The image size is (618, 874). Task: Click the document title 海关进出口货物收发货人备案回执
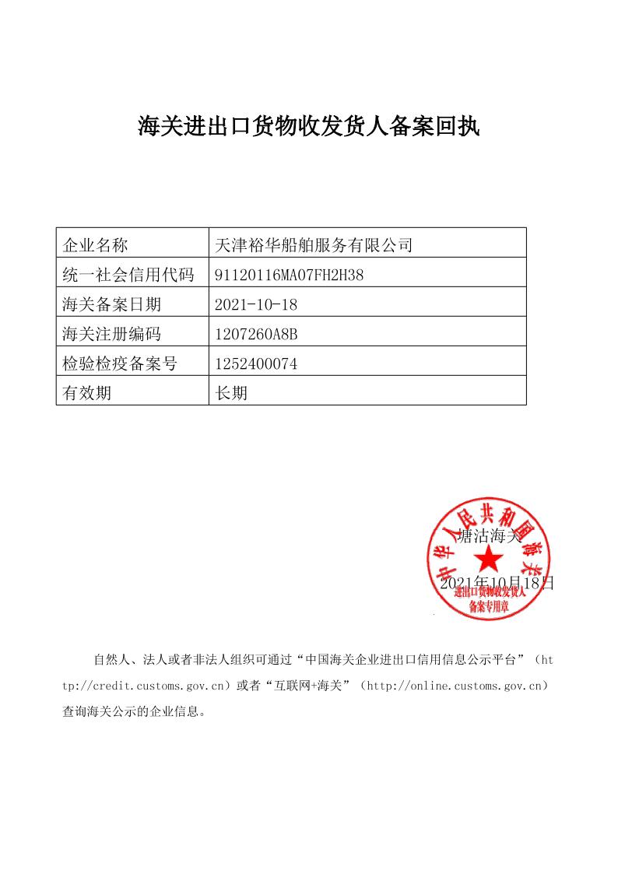tap(309, 127)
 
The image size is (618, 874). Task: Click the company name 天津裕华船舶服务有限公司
tap(312, 246)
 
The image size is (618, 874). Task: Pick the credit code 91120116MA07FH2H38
tap(289, 275)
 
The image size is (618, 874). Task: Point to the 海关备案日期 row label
tap(111, 304)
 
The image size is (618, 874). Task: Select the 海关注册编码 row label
tap(111, 334)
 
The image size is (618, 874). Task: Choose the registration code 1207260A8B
tap(256, 334)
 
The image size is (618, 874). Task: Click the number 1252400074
tap(256, 363)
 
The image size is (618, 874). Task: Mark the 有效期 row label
tap(86, 393)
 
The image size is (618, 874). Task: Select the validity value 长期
tap(231, 393)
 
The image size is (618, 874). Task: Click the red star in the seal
tap(489, 558)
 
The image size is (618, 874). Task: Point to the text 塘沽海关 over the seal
tap(489, 535)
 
